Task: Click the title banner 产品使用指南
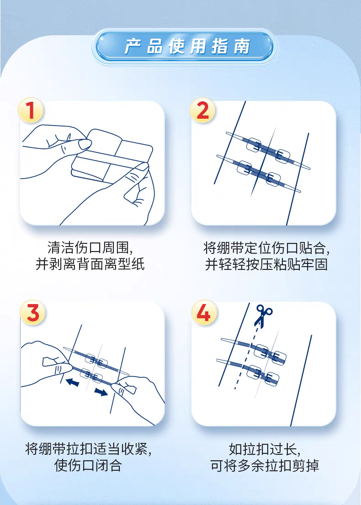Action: [184, 46]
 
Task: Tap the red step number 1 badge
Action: [30, 110]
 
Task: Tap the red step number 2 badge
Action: [202, 110]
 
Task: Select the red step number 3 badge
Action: [32, 312]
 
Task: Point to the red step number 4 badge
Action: [204, 312]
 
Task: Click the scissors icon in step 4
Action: [263, 316]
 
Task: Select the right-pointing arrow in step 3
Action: [101, 392]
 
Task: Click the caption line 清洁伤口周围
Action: [90, 247]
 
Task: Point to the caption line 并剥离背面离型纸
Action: [90, 264]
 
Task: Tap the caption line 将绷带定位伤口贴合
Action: [266, 247]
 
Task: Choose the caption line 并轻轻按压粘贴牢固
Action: [266, 264]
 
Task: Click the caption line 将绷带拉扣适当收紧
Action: [88, 449]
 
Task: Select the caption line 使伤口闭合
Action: [88, 465]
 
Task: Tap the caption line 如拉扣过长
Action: [265, 449]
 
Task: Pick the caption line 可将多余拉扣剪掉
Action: [265, 465]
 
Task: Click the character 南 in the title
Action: [242, 47]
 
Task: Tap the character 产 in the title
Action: [133, 47]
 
